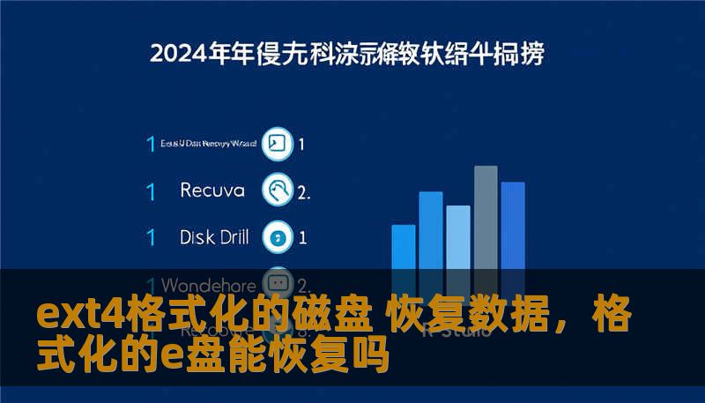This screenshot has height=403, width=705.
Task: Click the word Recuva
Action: click(x=212, y=190)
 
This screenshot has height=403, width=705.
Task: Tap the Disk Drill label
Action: click(x=214, y=236)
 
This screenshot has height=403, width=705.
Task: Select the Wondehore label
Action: click(x=209, y=285)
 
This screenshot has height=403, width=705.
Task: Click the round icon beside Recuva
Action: click(x=278, y=190)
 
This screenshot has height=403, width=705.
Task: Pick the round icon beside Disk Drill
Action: click(x=278, y=236)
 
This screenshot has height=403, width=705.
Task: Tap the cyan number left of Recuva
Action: click(x=151, y=190)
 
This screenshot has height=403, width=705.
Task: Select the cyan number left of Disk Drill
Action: click(x=151, y=237)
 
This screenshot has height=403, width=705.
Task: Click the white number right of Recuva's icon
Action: click(x=303, y=191)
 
